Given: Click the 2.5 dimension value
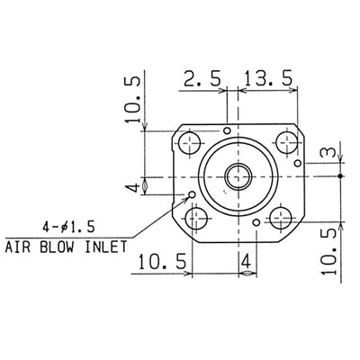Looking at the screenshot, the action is click(x=202, y=79).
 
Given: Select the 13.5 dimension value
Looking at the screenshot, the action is click(x=268, y=79).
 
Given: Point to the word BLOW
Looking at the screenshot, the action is click(x=57, y=247).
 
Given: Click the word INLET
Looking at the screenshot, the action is click(x=106, y=247).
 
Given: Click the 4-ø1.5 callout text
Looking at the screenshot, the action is click(x=68, y=227).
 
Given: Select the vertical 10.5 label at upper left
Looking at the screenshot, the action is click(x=132, y=100).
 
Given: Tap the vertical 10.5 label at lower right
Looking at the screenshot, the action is click(x=329, y=251).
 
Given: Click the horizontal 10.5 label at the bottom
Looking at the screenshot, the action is click(x=162, y=262).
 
